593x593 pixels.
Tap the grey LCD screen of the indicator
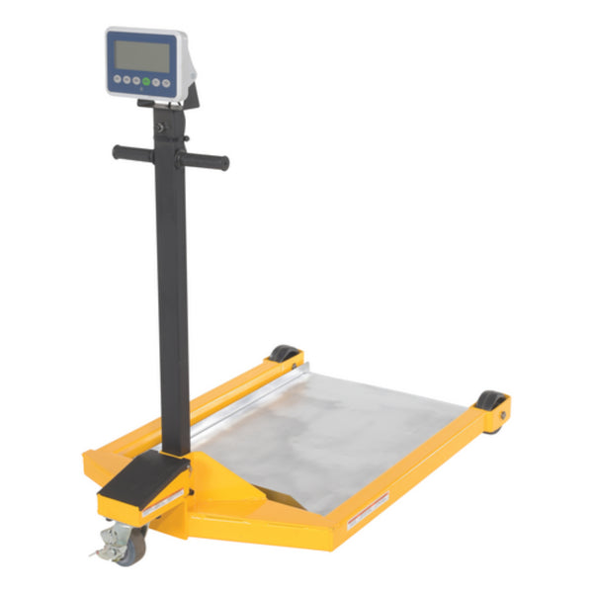[142, 53]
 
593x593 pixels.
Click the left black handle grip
[131, 153]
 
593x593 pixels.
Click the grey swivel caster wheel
[131, 538]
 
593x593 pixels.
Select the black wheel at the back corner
[287, 353]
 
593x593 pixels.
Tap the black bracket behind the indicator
[190, 96]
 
